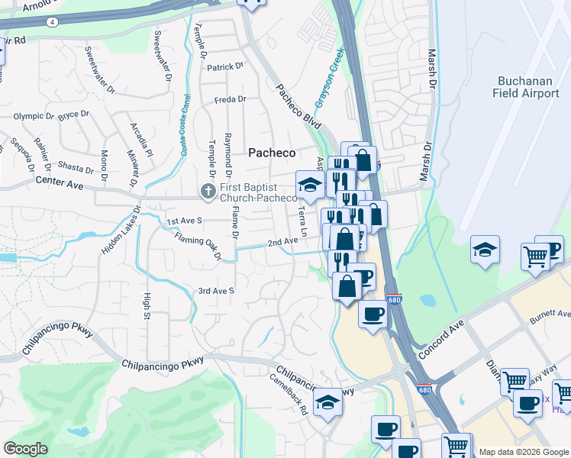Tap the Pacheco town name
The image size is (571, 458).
pyautogui.click(x=272, y=153)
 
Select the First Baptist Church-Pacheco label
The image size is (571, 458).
pyautogui.click(x=257, y=192)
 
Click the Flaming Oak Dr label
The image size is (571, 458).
pyautogui.click(x=197, y=247)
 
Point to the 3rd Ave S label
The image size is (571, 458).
pyautogui.click(x=216, y=291)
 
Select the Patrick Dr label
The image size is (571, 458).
pyautogui.click(x=225, y=67)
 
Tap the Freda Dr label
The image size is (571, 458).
pyautogui.click(x=230, y=99)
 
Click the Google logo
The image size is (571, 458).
pyautogui.click(x=25, y=448)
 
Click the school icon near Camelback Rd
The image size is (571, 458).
pyautogui.click(x=327, y=402)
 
